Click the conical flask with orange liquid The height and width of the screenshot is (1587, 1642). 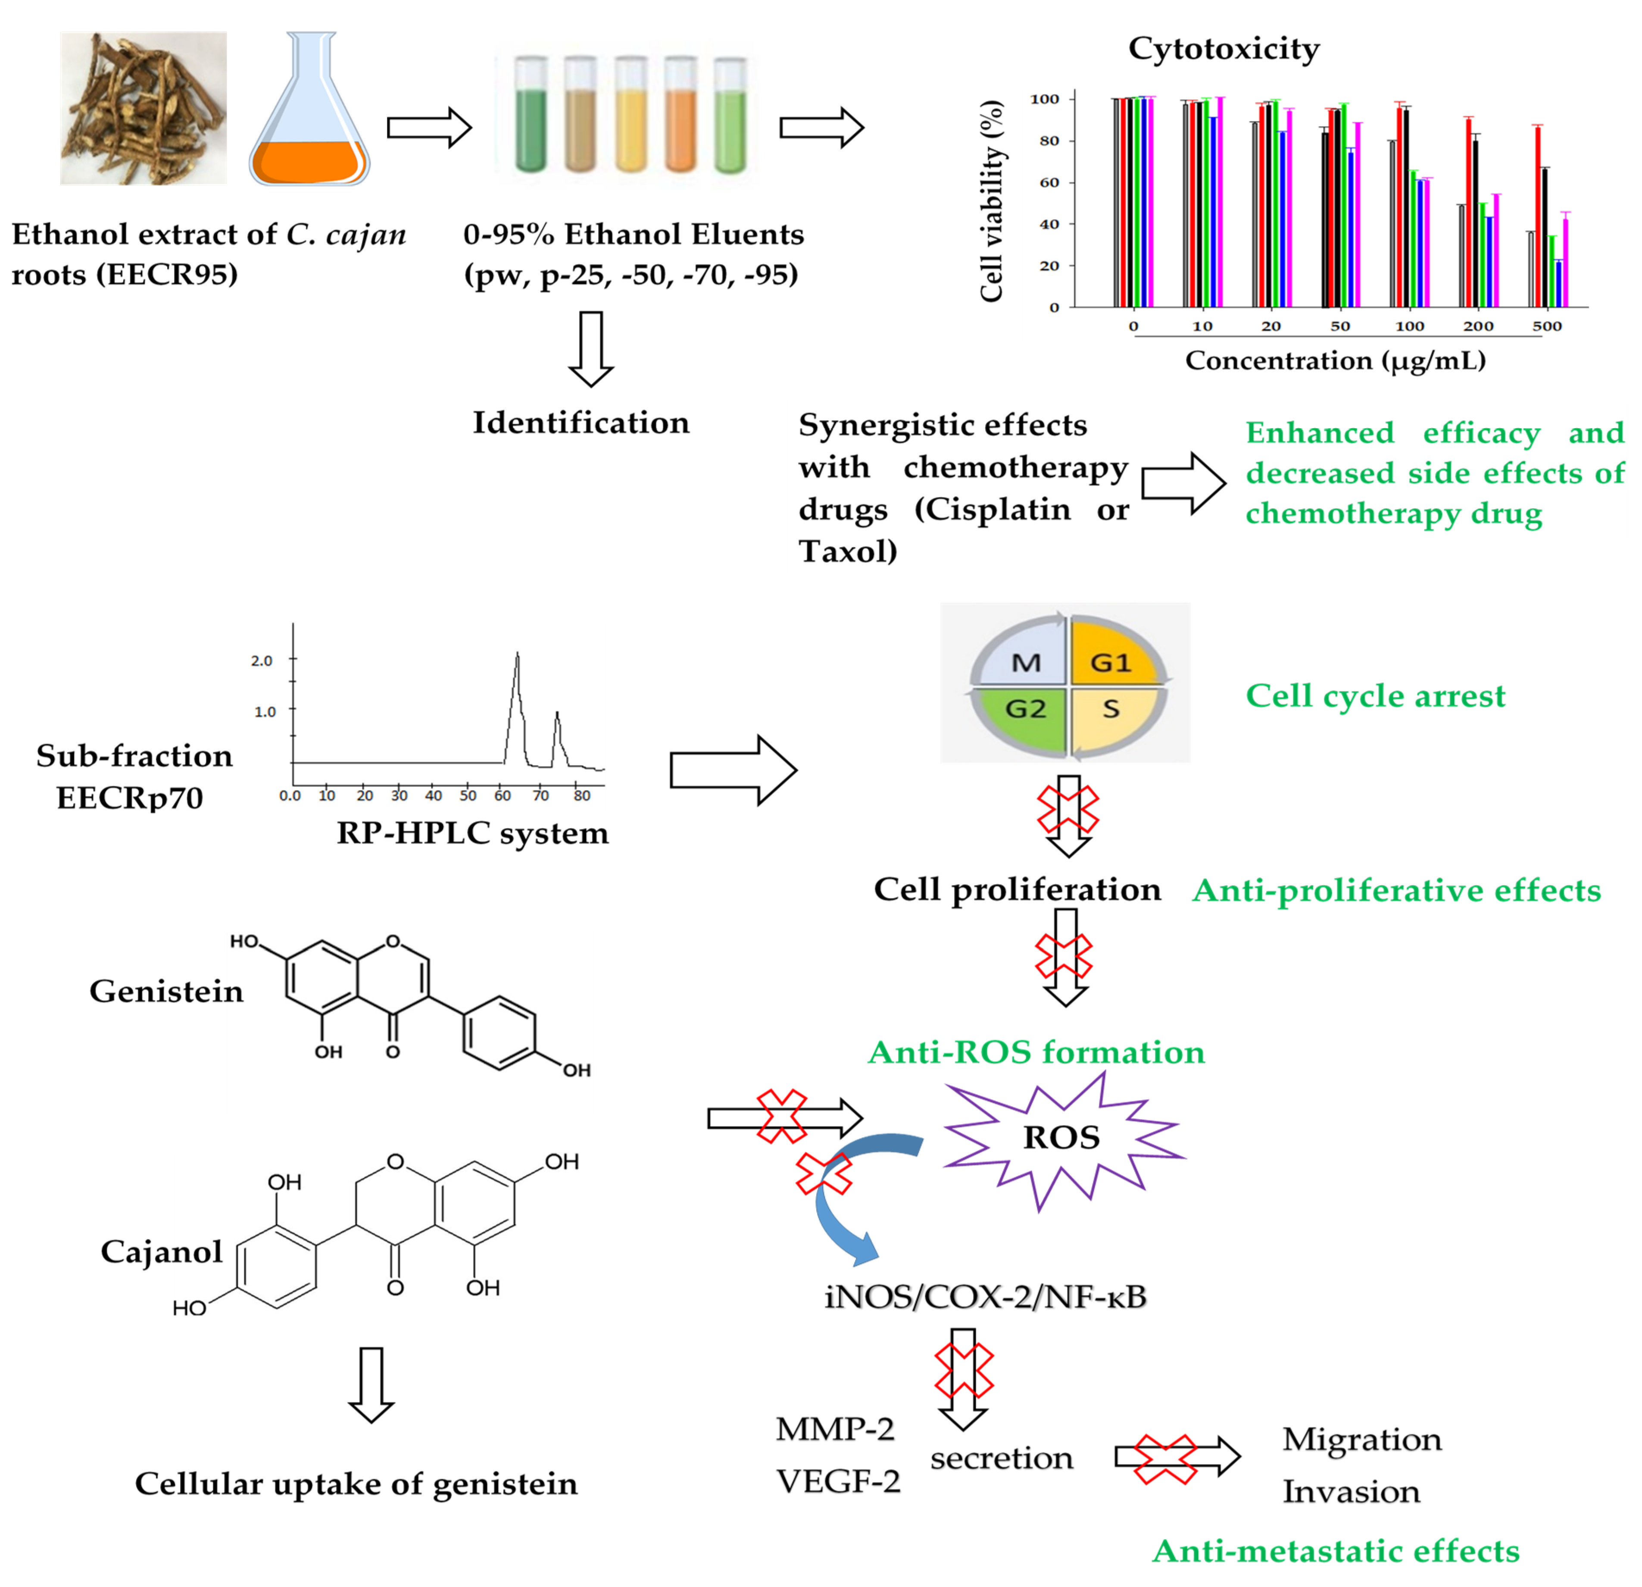[309, 126]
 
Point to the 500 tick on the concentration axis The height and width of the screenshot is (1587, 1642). [1546, 326]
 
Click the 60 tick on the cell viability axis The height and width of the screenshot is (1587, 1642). [1049, 183]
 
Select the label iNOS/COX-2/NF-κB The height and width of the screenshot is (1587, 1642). [985, 1297]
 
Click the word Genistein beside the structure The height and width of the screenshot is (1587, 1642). [166, 991]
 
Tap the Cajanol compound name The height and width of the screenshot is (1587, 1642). [161, 1252]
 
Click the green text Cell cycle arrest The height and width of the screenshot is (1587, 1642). [1375, 695]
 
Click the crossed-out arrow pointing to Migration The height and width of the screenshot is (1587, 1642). [1176, 1458]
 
